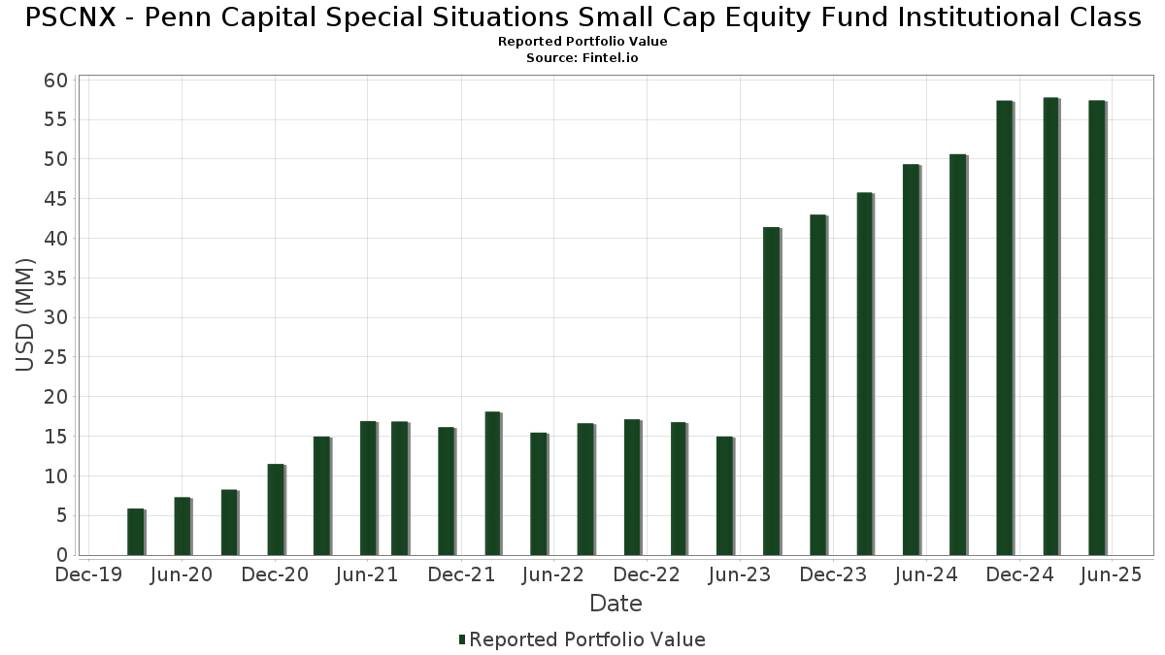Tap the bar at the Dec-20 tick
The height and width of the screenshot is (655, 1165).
(x=276, y=509)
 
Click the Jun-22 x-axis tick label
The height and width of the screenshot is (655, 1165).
(x=553, y=575)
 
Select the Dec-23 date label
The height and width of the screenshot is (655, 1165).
(x=833, y=575)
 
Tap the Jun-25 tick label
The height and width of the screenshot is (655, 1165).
(x=1112, y=575)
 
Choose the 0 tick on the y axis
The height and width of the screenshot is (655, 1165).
(x=62, y=556)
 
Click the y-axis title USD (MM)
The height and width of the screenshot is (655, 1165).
(x=26, y=315)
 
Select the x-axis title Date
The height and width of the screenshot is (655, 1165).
(x=616, y=604)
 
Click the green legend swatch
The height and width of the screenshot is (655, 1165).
(x=462, y=639)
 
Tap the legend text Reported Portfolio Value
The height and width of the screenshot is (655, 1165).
(x=587, y=639)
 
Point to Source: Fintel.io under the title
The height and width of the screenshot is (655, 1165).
(x=582, y=58)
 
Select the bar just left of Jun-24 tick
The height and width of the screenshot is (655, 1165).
(x=911, y=359)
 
